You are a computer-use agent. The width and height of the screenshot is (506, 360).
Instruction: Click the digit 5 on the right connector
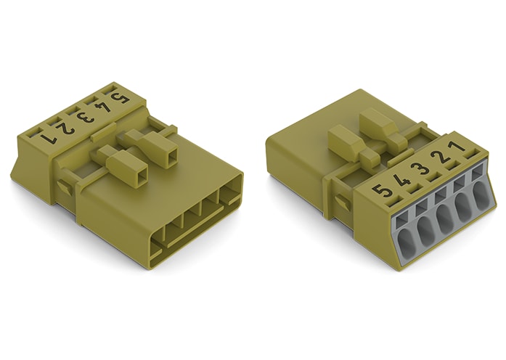pyautogui.click(x=385, y=192)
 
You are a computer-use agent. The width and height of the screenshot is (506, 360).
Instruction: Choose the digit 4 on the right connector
pyautogui.click(x=404, y=183)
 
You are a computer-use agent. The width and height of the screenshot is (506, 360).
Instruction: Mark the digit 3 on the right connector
pyautogui.click(x=422, y=172)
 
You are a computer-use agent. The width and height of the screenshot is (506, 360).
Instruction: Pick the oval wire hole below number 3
pyautogui.click(x=445, y=216)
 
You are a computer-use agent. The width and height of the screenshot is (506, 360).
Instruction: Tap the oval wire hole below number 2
pyautogui.click(x=464, y=205)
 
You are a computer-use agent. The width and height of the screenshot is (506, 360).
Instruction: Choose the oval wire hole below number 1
pyautogui.click(x=481, y=195)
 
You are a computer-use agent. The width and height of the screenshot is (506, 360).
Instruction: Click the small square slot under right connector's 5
pyautogui.click(x=401, y=210)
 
